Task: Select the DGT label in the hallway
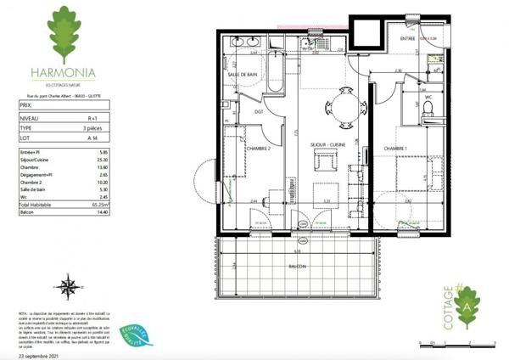point(258,110)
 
